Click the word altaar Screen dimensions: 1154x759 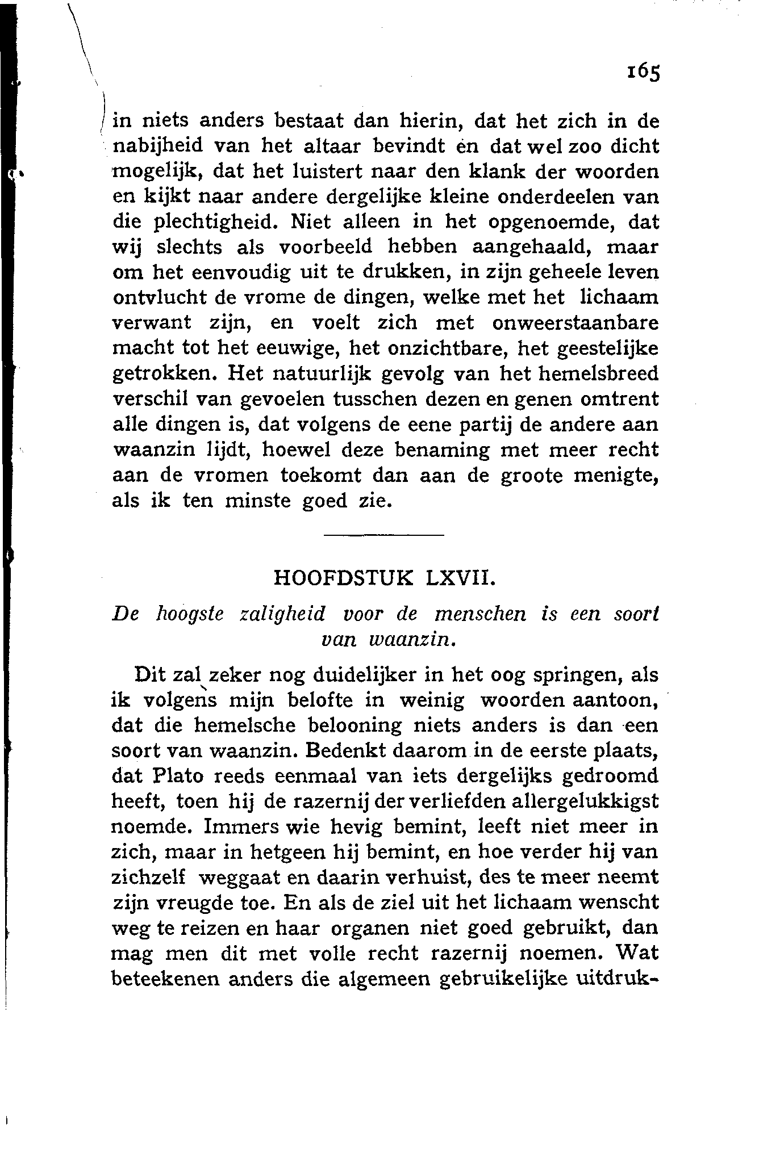point(331,146)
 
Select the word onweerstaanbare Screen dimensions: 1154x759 point(575,323)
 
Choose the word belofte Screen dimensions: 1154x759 point(320,700)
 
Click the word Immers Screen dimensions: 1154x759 point(241,826)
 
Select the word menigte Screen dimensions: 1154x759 point(616,476)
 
